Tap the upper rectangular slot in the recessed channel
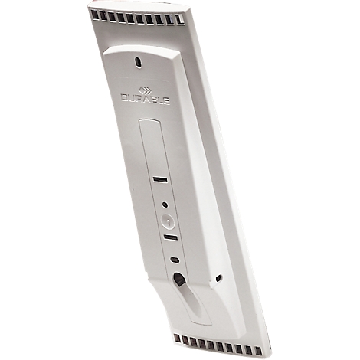[x=159, y=178]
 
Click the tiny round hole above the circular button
[x=164, y=205]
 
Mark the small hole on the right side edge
[x=220, y=278]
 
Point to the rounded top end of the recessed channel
[x=149, y=122]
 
